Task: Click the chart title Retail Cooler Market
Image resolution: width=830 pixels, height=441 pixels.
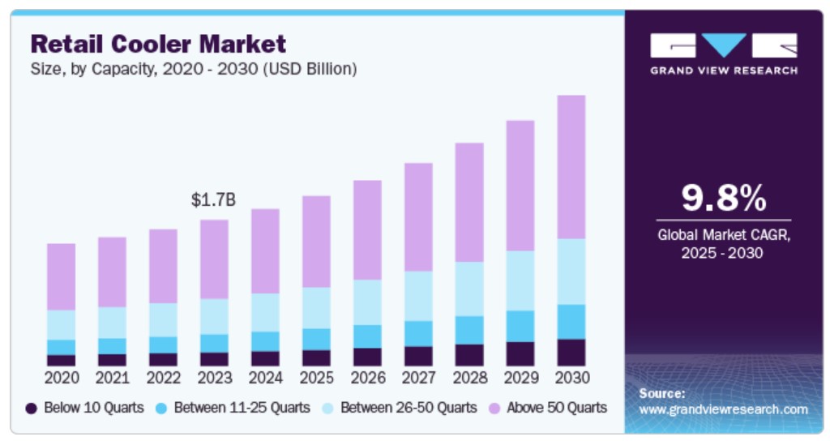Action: click(x=159, y=43)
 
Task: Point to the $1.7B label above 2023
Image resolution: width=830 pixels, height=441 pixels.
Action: click(x=213, y=199)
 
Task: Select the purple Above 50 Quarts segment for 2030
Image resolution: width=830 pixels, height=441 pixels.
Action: click(x=571, y=167)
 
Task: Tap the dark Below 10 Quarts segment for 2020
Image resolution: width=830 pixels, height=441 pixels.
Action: click(x=61, y=360)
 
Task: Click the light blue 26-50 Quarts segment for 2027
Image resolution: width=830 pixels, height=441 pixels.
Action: click(x=418, y=296)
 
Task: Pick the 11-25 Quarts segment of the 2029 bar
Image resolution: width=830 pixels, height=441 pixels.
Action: click(x=520, y=326)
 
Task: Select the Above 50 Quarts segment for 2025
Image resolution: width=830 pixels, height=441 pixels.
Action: click(x=316, y=242)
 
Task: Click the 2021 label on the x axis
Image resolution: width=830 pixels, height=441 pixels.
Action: click(x=112, y=378)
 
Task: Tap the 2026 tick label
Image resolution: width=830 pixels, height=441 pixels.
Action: click(x=367, y=378)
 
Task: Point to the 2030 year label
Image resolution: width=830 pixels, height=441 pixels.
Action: click(x=571, y=378)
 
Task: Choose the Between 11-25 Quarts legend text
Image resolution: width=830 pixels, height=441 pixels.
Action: click(x=242, y=408)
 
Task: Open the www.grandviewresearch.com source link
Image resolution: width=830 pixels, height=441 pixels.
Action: click(x=723, y=409)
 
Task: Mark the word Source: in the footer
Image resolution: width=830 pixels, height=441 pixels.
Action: click(x=662, y=393)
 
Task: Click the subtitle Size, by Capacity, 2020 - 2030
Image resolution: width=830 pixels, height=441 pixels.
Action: click(x=195, y=69)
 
